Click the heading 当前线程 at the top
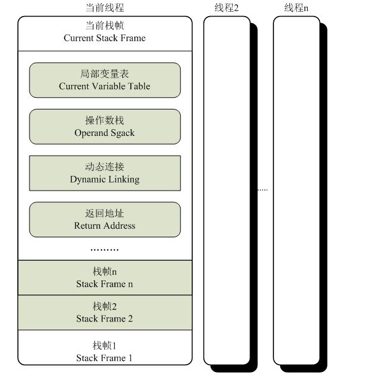coord(104,8)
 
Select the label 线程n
coord(297,8)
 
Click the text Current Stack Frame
coord(104,38)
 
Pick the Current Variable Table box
coord(104,80)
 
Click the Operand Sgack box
coord(104,127)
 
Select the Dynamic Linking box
coord(104,173)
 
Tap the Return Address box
coord(104,220)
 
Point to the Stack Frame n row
coord(104,278)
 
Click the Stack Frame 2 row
coord(104,312)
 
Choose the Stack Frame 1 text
coord(104,358)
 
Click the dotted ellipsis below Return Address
coord(104,250)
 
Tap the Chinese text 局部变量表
coord(104,74)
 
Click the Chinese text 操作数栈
coord(104,121)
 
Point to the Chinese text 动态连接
coord(104,167)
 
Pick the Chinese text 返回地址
coord(104,213)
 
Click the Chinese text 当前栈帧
coord(104,27)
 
